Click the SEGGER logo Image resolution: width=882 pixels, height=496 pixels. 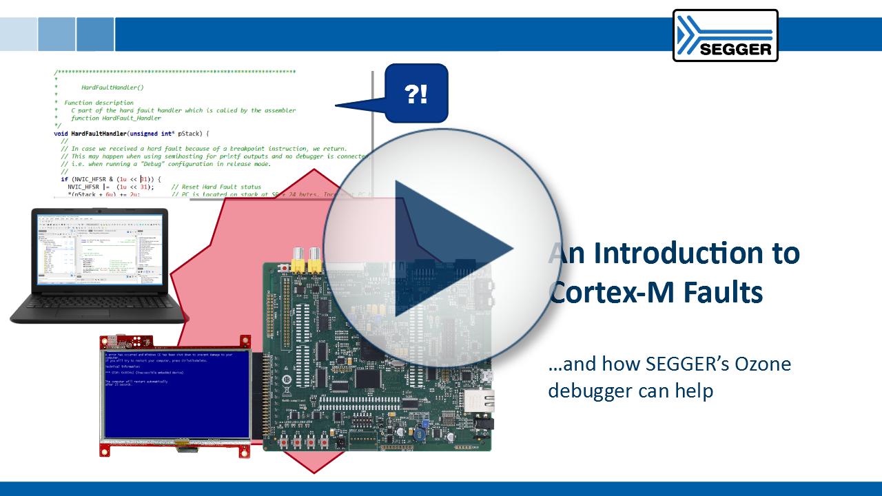point(725,35)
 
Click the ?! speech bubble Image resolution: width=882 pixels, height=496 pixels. point(416,93)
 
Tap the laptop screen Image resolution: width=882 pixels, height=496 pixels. point(99,251)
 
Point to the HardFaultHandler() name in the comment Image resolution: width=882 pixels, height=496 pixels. point(112,87)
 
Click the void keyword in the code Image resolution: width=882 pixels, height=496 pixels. point(61,133)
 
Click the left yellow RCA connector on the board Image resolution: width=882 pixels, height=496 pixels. point(298,258)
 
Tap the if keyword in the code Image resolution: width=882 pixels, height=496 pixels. point(64,179)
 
